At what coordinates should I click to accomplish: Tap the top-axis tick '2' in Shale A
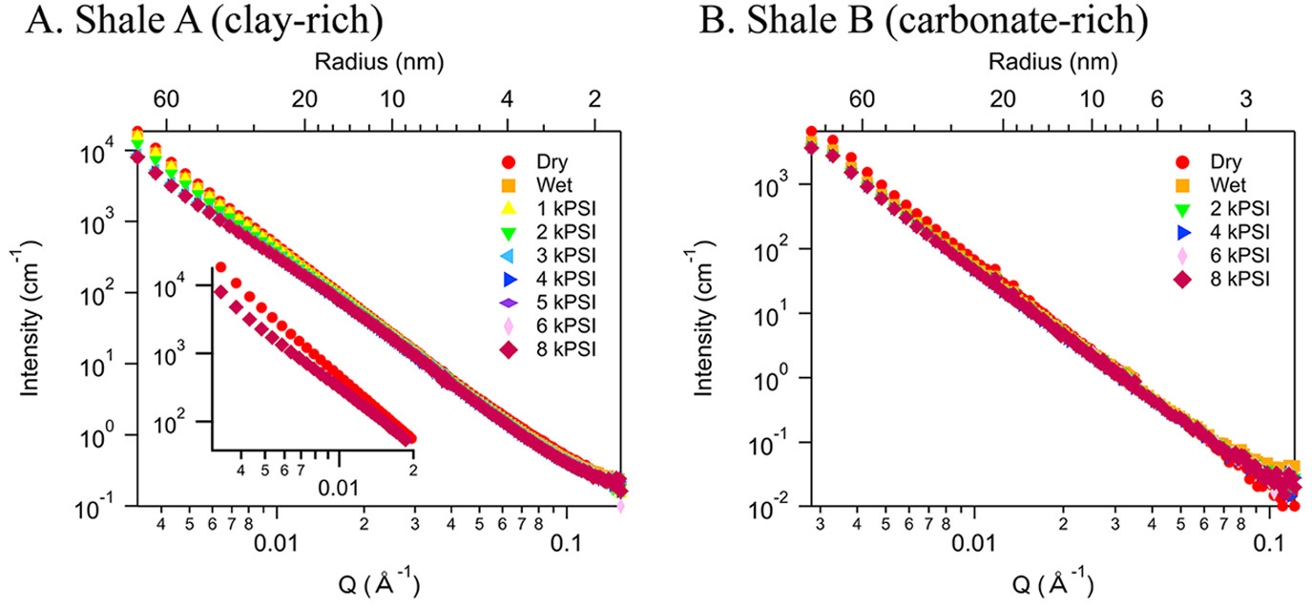[595, 98]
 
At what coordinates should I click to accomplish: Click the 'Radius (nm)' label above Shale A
[378, 63]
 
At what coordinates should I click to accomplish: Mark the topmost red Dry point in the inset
[220, 267]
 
